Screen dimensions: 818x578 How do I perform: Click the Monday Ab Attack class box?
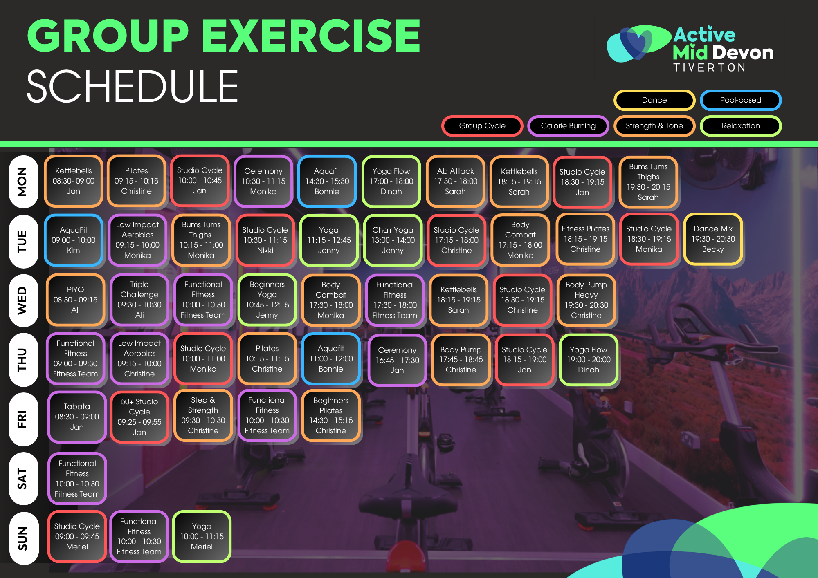[x=455, y=181]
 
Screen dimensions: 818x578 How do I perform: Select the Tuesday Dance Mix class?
[x=713, y=239]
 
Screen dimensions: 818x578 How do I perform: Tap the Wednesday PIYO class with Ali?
[x=75, y=300]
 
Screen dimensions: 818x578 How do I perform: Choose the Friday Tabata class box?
[x=77, y=417]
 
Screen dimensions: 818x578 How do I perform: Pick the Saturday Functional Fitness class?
[x=77, y=478]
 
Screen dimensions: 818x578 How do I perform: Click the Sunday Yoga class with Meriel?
[x=202, y=536]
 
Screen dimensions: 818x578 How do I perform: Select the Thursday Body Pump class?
[x=461, y=360]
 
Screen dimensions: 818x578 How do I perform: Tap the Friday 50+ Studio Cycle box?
[x=139, y=417]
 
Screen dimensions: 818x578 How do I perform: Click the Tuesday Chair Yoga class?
[x=393, y=240]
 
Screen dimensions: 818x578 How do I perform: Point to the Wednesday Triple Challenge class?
[x=139, y=300]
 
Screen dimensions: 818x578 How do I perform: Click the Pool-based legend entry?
[x=741, y=100]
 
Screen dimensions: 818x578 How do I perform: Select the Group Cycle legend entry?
[x=482, y=126]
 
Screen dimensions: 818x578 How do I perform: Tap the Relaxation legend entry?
[x=741, y=126]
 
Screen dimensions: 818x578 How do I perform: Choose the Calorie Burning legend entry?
[x=568, y=126]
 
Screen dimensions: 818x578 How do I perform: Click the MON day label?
[x=23, y=182]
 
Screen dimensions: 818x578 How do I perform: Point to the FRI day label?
[x=23, y=419]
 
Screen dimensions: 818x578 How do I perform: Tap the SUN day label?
[x=23, y=538]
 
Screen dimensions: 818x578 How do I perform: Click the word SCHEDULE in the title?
[x=132, y=86]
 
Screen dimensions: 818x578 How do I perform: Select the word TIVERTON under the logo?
[x=710, y=67]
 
